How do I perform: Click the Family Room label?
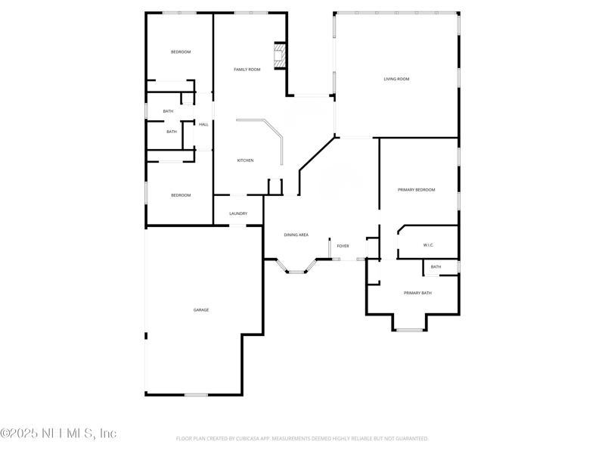(x=247, y=70)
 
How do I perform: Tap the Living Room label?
(x=396, y=79)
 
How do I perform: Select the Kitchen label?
(x=245, y=160)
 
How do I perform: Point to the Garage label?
(x=201, y=309)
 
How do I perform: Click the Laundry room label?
(x=238, y=213)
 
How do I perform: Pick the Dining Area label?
(x=296, y=235)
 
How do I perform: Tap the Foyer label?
(x=343, y=246)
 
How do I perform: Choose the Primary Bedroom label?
(x=417, y=190)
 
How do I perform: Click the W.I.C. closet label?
(x=428, y=245)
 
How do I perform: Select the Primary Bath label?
(x=417, y=293)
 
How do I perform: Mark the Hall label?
(x=203, y=124)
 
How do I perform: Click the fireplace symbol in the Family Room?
(x=280, y=55)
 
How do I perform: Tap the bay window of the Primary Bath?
(x=409, y=329)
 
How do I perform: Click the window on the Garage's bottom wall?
(x=196, y=394)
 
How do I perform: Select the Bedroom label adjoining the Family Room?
(x=181, y=51)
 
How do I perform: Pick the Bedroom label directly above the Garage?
(x=181, y=195)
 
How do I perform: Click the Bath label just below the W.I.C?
(x=436, y=266)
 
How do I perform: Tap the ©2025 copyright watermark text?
(x=58, y=434)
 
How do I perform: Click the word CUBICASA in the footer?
(x=260, y=439)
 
